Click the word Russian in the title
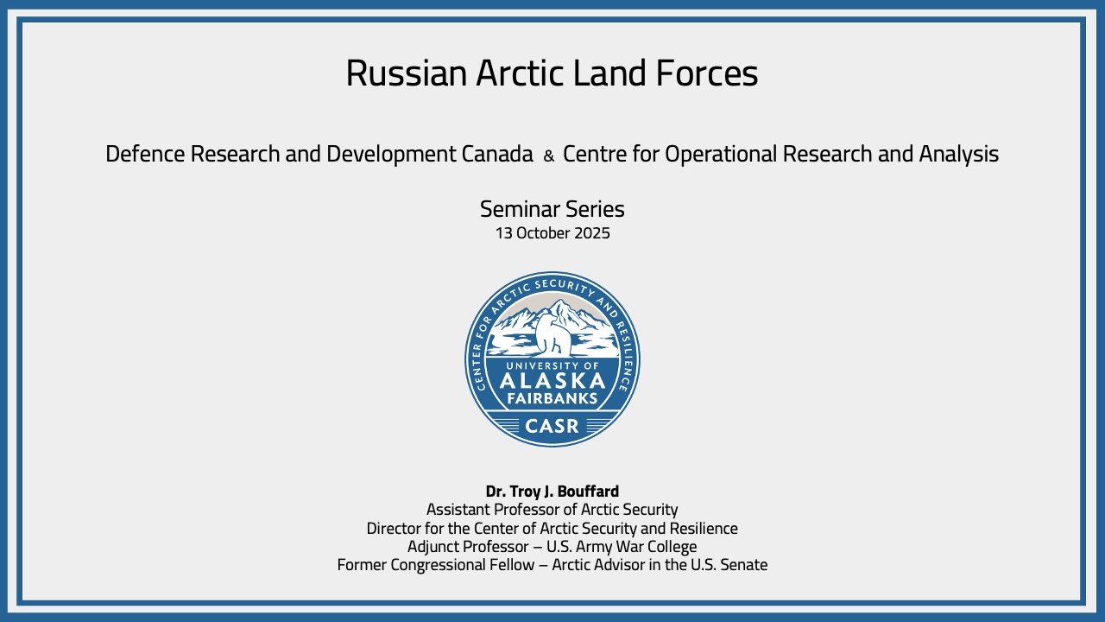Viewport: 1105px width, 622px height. [x=406, y=73]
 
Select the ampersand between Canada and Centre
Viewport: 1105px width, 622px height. [x=548, y=156]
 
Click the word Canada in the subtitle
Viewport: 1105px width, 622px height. [x=497, y=154]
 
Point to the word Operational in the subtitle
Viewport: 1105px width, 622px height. [x=721, y=155]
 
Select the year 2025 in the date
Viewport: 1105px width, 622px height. [x=592, y=233]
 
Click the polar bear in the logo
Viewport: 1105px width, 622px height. [x=553, y=335]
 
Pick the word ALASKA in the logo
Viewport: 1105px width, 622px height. [x=552, y=381]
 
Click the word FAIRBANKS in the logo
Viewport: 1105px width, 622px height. [x=552, y=398]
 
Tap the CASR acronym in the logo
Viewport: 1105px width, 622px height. [x=552, y=426]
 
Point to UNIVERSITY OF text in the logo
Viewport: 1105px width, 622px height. [x=552, y=365]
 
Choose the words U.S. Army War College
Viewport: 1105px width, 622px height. [x=622, y=547]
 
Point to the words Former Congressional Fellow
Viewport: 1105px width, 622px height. [x=436, y=565]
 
